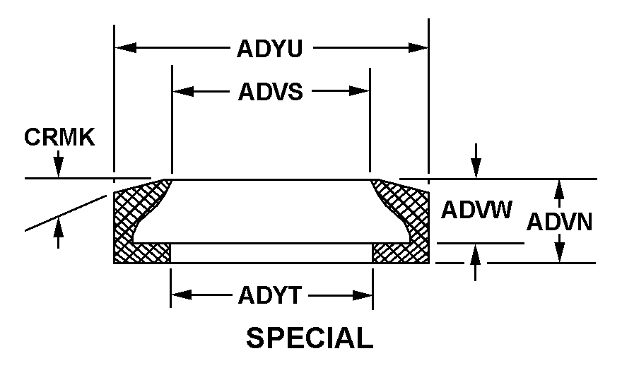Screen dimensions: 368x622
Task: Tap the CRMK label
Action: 59,136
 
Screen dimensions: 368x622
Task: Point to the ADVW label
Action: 476,210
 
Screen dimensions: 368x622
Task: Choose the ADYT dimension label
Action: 271,295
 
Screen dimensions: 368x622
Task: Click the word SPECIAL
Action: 310,339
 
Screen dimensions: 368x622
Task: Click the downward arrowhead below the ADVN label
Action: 559,255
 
